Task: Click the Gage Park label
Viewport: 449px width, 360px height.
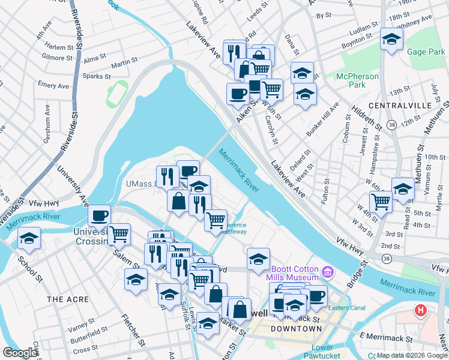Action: [426, 52]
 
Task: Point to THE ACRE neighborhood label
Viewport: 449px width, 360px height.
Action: [67, 299]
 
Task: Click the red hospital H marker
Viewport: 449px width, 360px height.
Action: [421, 312]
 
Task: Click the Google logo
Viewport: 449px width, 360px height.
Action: [20, 353]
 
